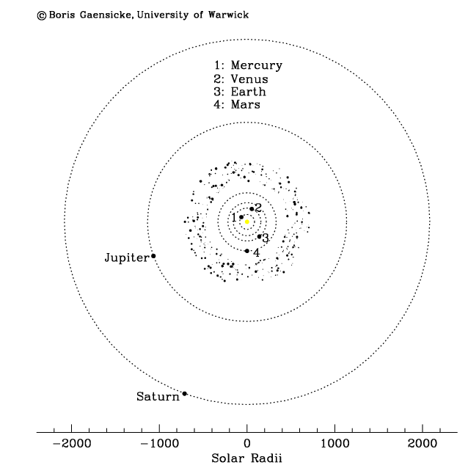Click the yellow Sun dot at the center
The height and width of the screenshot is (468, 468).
[x=247, y=222]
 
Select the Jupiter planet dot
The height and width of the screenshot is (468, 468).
[x=153, y=256]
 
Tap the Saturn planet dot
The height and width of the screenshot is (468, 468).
[x=184, y=394]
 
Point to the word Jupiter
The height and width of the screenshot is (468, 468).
[x=127, y=257]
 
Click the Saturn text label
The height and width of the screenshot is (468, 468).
[x=158, y=396]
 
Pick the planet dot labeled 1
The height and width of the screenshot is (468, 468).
[x=241, y=217]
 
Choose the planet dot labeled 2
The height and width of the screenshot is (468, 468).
[x=252, y=208]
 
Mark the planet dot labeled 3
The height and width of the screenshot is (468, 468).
[x=260, y=236]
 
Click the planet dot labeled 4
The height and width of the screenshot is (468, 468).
[x=246, y=251]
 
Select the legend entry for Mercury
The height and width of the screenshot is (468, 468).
[x=248, y=65]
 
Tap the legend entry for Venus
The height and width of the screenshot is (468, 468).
[x=241, y=79]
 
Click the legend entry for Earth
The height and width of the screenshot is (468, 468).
[x=240, y=92]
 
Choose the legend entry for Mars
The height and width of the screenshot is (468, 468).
[x=237, y=104]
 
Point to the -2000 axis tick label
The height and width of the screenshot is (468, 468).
[x=72, y=444]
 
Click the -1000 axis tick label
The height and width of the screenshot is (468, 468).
[x=159, y=444]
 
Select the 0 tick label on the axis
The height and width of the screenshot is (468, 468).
[x=246, y=444]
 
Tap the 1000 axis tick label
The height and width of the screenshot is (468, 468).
[x=335, y=444]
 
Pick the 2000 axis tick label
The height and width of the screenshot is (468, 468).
[x=423, y=444]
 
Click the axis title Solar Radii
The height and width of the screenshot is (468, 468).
[x=246, y=458]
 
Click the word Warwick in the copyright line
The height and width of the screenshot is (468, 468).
[x=228, y=15]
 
